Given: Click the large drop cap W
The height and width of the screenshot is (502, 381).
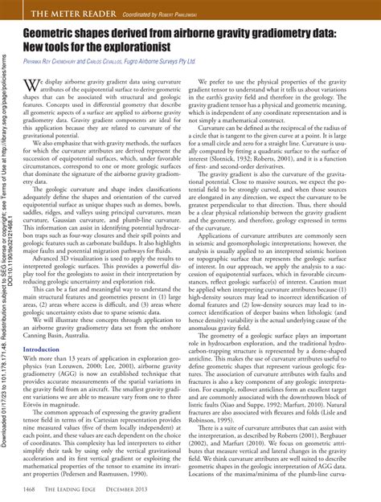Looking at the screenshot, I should tap(30, 86).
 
